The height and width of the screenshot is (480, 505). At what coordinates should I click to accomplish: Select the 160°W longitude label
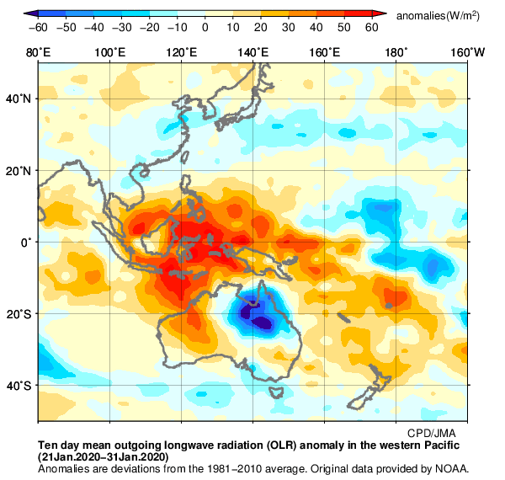click(467, 53)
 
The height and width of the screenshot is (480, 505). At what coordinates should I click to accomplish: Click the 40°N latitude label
click(19, 99)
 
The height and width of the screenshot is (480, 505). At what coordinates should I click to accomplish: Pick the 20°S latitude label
click(19, 314)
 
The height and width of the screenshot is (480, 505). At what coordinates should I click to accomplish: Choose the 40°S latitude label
click(19, 386)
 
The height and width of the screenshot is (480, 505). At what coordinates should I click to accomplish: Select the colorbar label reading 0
click(205, 27)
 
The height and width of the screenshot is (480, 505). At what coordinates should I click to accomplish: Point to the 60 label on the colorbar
click(371, 27)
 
